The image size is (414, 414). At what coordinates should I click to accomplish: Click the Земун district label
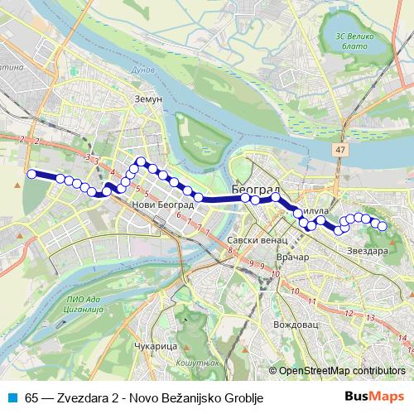pos(148,98)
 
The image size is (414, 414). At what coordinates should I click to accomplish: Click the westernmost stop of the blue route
pos(32,174)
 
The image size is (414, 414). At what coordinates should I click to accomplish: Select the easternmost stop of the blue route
pos(383,226)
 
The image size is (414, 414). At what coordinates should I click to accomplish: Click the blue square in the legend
pos(12,398)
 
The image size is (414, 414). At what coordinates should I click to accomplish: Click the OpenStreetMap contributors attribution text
pos(343,371)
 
